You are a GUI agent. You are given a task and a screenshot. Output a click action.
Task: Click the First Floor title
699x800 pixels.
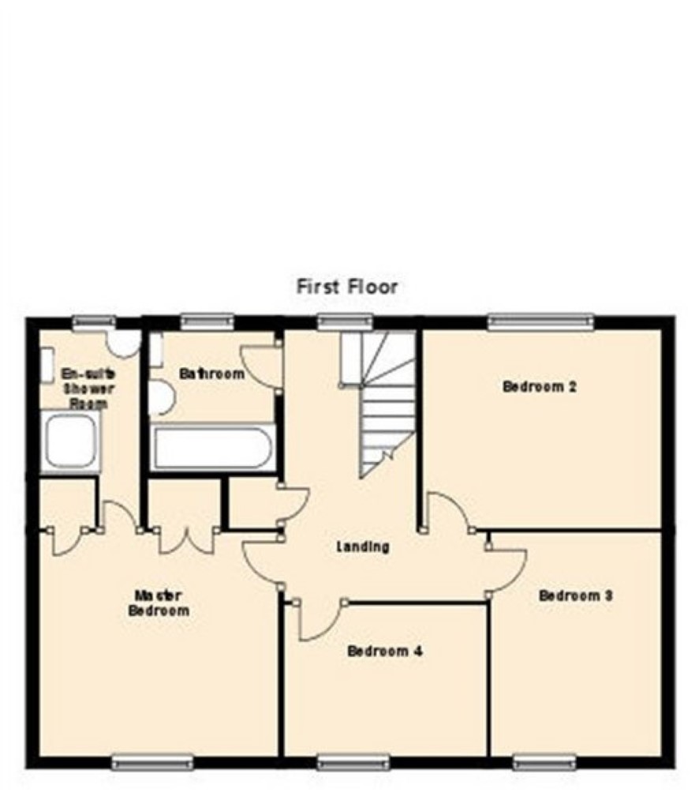346,286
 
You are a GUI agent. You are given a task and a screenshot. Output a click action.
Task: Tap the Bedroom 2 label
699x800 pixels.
540,386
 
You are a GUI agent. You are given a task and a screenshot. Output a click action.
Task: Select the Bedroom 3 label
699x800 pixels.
576,595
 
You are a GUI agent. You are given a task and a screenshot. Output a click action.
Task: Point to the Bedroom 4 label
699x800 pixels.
385,651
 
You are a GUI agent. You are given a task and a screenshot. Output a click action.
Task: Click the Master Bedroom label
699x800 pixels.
159,603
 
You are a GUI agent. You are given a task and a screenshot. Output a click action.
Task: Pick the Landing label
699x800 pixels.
363,547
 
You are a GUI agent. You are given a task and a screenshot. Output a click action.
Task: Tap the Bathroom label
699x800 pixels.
211,374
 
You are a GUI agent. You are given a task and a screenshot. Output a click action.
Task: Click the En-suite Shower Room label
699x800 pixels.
88,389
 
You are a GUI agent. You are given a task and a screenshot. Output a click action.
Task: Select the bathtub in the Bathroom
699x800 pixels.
212,448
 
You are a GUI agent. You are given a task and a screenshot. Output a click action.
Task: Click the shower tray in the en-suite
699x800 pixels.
71,441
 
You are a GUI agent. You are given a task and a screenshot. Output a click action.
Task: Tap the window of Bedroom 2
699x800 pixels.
541,322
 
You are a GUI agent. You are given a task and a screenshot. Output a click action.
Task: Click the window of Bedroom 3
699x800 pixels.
544,763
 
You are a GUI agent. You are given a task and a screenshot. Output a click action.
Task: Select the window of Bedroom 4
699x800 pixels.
353,763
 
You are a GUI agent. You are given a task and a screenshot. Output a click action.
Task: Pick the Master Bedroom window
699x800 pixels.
152,763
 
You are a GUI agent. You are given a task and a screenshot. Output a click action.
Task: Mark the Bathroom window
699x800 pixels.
207,322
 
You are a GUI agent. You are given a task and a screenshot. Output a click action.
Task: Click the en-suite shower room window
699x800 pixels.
94,322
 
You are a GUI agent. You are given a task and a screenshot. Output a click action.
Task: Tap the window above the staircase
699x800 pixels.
346,322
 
